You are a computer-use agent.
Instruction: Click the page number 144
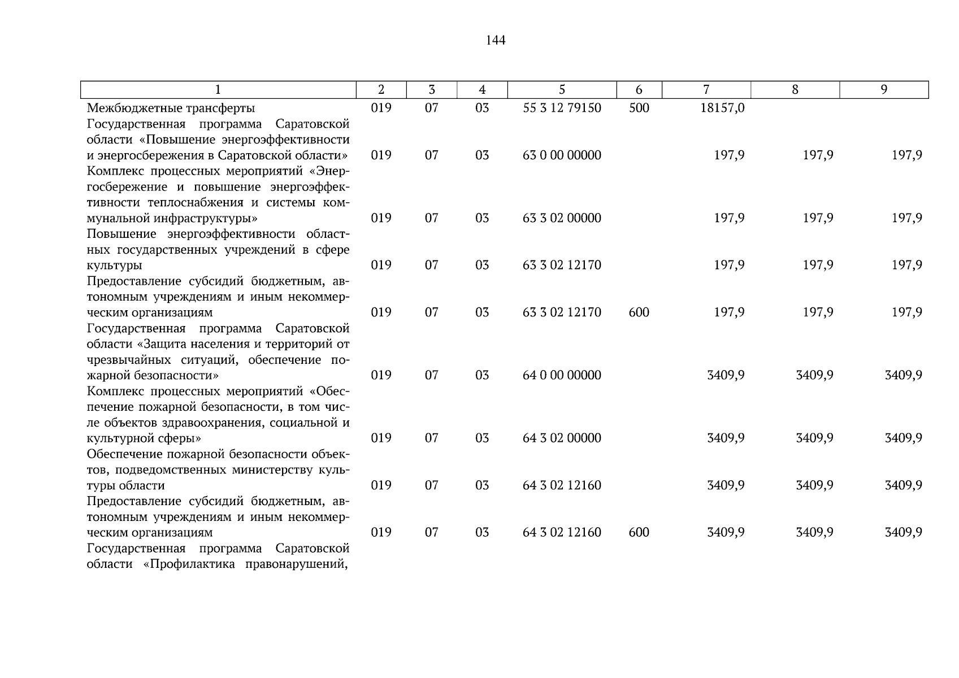point(495,40)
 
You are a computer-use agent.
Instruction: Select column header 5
point(562,89)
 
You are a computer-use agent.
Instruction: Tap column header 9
point(884,89)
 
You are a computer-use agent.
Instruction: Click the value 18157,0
point(722,108)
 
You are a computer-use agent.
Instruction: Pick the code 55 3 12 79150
point(562,108)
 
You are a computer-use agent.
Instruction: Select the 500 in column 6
point(639,108)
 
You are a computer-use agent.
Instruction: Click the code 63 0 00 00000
point(562,155)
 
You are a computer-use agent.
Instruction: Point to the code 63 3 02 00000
point(562,218)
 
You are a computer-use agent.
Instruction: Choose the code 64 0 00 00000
point(562,375)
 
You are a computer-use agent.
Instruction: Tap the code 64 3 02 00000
point(562,438)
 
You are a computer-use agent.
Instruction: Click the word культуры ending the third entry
point(114,266)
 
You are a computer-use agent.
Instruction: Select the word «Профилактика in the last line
point(186,564)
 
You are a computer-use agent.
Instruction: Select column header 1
point(218,89)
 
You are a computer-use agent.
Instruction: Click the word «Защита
point(160,344)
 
